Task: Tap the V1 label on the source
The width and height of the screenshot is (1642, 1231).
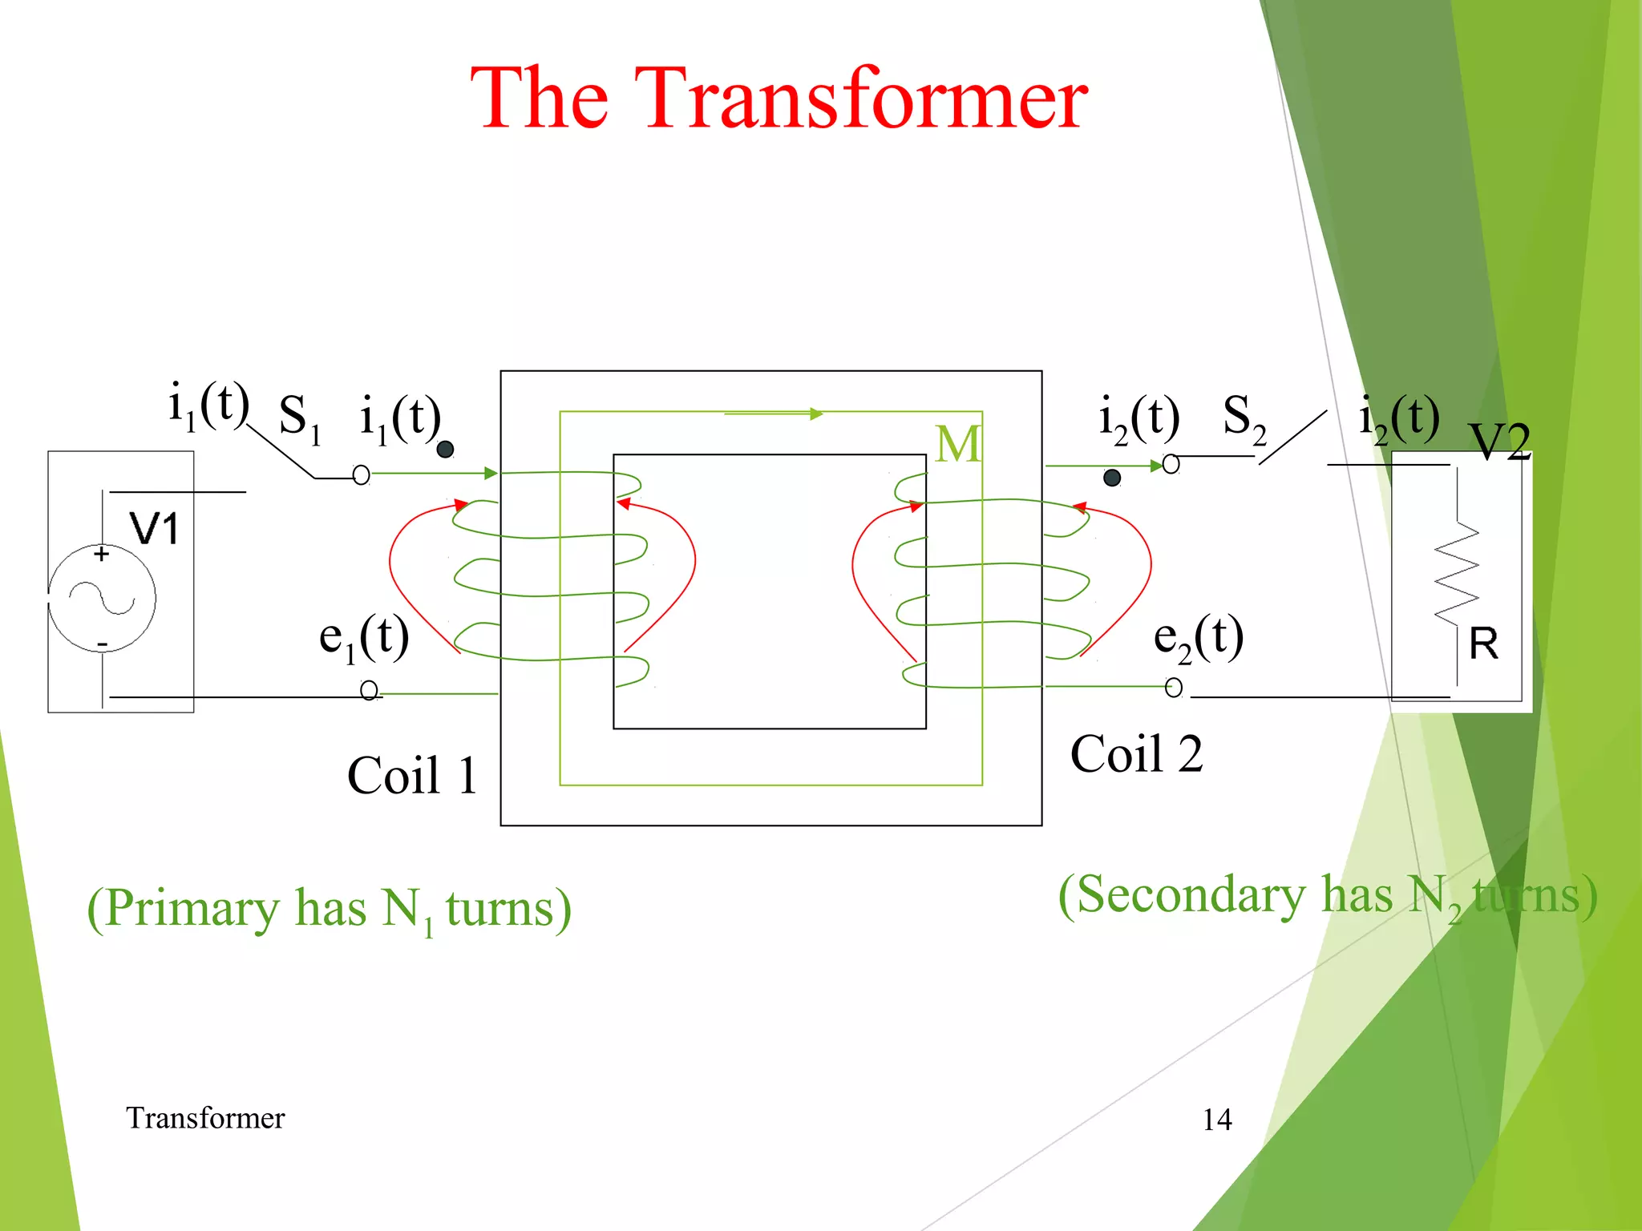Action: (x=154, y=529)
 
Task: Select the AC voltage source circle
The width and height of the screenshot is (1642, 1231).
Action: (x=102, y=599)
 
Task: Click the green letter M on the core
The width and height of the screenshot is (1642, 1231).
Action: (x=957, y=444)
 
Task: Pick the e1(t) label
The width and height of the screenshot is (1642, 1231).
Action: (x=364, y=639)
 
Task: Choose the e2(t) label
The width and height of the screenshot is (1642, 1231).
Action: (x=1199, y=639)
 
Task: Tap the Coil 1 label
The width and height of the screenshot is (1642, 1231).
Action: (x=412, y=775)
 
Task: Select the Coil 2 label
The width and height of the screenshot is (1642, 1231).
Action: (x=1136, y=754)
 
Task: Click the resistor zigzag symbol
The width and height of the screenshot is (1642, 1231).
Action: (x=1457, y=573)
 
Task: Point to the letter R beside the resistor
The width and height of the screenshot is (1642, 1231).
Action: (x=1483, y=644)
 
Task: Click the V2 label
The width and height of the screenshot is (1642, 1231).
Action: (x=1499, y=441)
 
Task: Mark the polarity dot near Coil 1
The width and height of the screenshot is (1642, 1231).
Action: (x=446, y=450)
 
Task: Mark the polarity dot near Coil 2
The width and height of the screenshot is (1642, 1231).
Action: (x=1112, y=478)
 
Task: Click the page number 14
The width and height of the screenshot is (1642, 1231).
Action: (x=1216, y=1120)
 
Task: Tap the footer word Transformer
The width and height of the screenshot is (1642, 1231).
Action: (x=205, y=1118)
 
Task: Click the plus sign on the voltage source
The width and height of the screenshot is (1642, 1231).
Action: (x=102, y=554)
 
